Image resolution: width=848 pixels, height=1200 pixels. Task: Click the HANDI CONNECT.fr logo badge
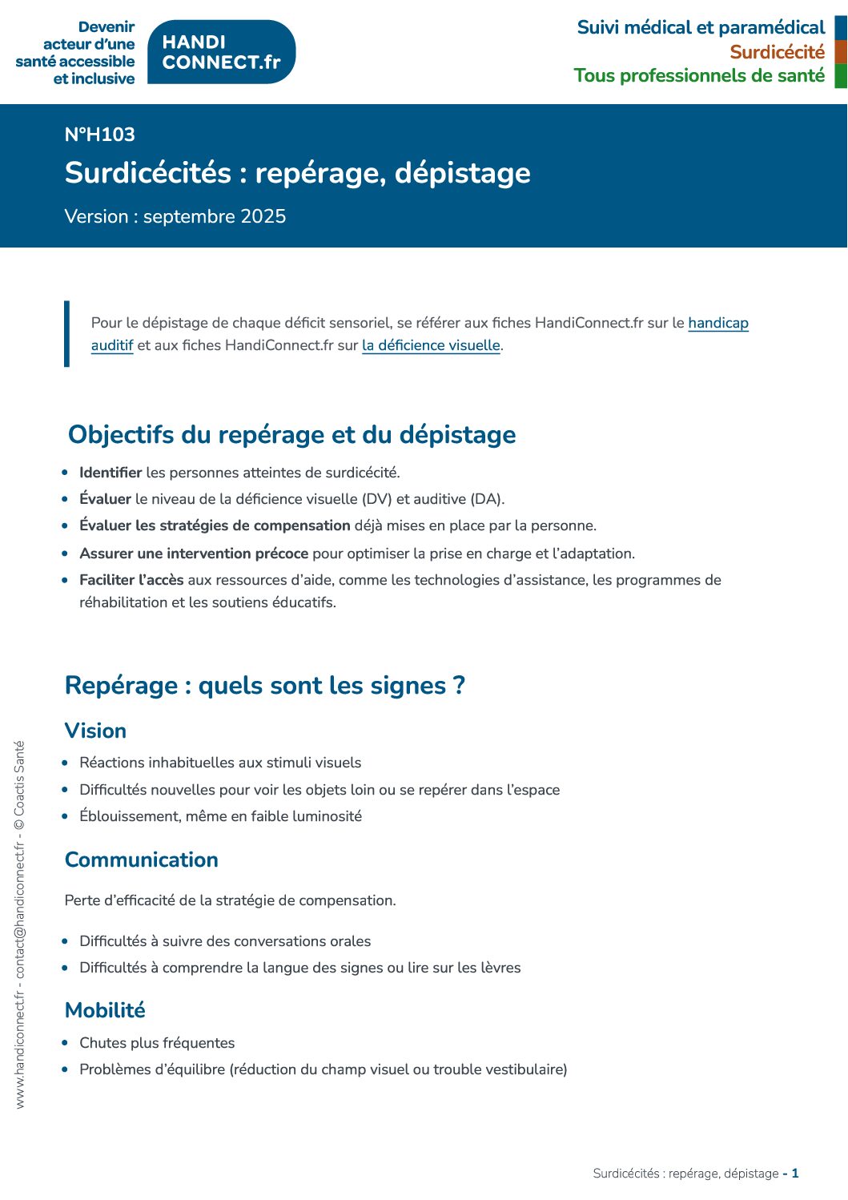(222, 52)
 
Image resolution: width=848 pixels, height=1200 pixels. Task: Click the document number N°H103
(100, 135)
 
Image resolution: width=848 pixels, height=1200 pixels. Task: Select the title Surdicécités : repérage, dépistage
(297, 173)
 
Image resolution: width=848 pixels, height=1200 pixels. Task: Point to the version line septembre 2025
(175, 217)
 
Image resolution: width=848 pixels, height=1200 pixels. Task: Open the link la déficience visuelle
(431, 345)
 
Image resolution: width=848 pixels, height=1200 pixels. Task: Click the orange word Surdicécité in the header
(777, 52)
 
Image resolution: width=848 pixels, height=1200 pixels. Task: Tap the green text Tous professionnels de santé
(699, 76)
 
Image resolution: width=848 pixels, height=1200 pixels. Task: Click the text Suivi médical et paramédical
(701, 28)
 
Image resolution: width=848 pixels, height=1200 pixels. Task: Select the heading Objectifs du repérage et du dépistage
(291, 434)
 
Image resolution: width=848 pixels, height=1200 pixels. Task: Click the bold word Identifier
(111, 473)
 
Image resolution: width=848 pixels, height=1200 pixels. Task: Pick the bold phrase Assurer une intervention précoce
(194, 554)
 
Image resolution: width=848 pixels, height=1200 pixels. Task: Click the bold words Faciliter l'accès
(131, 580)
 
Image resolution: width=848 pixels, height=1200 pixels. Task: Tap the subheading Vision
(95, 731)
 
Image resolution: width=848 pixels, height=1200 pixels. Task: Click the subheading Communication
(142, 860)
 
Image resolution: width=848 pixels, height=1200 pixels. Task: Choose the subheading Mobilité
(105, 1010)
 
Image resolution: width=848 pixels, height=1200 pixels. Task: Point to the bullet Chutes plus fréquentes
(157, 1043)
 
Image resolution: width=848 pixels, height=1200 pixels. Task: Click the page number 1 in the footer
(795, 1174)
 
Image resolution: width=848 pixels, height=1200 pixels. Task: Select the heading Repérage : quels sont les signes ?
(264, 686)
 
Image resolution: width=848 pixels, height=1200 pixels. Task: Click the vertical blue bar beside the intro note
(67, 334)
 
